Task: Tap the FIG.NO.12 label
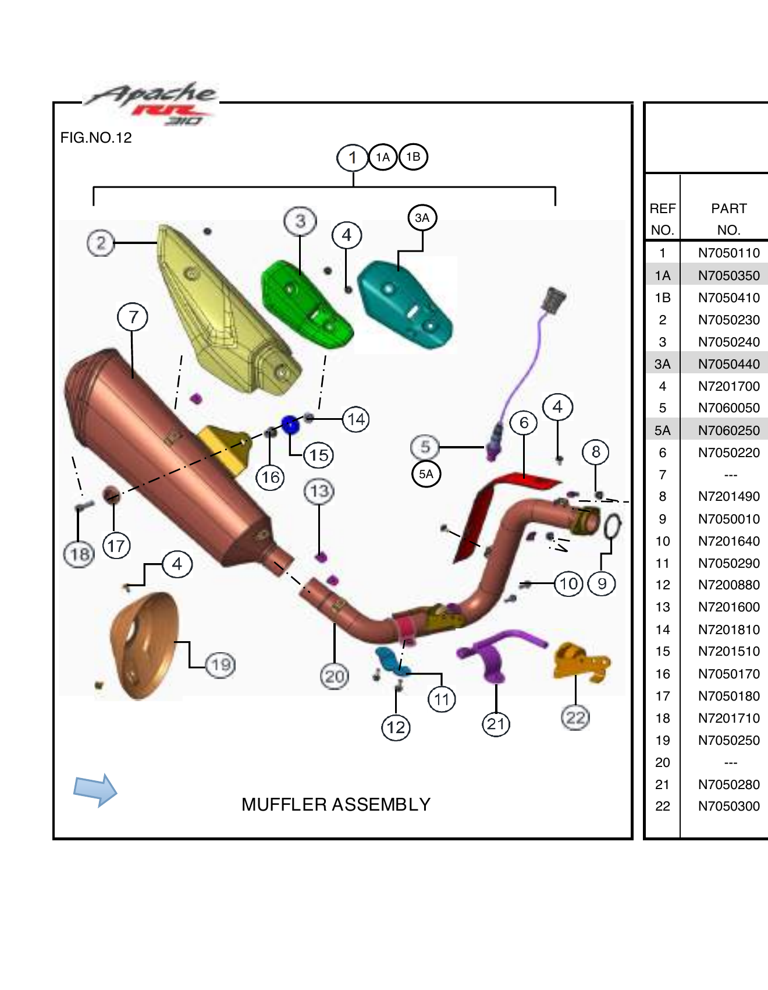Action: click(96, 138)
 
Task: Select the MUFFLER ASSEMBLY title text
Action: click(336, 805)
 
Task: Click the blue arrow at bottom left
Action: click(95, 790)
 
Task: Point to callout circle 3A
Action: click(422, 218)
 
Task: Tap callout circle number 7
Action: click(133, 317)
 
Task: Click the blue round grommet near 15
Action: click(290, 425)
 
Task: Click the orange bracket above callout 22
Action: click(581, 662)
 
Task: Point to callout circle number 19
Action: click(221, 664)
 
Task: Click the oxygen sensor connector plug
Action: click(553, 300)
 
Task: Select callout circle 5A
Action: click(426, 474)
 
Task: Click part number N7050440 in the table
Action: click(728, 365)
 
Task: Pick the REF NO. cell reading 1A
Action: click(662, 275)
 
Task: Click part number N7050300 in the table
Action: click(728, 807)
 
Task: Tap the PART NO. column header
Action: click(728, 219)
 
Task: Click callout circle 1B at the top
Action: click(413, 157)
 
